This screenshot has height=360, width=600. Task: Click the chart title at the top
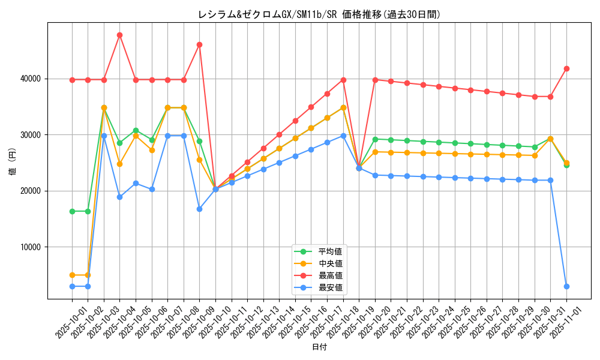click(319, 15)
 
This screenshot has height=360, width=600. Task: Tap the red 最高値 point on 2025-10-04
click(119, 35)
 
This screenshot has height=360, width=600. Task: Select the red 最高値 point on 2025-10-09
click(199, 44)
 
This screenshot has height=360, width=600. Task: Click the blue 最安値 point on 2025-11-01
click(566, 286)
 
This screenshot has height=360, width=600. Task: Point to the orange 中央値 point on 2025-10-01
click(72, 275)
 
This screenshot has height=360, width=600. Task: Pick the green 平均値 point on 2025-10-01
click(72, 211)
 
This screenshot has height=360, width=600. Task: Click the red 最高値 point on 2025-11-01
click(566, 68)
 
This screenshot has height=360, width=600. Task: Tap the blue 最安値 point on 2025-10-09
click(199, 209)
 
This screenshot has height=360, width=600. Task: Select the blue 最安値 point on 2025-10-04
click(119, 197)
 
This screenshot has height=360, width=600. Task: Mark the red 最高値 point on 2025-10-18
click(343, 80)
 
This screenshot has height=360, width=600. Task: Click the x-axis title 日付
click(319, 347)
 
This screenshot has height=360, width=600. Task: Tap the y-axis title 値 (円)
click(13, 163)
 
